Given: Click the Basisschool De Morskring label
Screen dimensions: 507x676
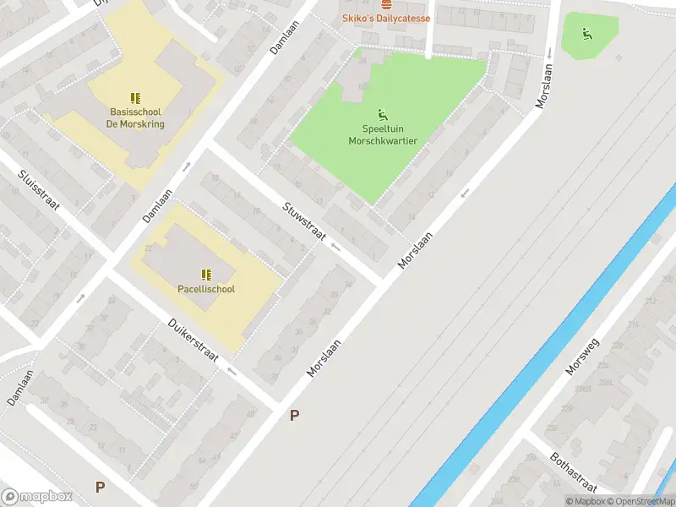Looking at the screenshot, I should coord(135,117).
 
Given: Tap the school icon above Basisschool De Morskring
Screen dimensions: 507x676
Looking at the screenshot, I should coord(135,99).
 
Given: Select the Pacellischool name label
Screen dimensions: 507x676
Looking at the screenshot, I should coord(206,289).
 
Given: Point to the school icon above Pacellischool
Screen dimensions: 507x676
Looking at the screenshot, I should coord(206,274).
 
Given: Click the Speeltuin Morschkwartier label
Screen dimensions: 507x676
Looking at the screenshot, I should coord(383,135).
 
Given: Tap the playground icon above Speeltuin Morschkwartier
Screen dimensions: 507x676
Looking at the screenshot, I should coord(383,115).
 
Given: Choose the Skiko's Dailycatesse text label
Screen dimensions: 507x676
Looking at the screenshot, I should coord(385,19).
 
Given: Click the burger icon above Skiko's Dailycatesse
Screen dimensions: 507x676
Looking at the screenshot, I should coord(386,4).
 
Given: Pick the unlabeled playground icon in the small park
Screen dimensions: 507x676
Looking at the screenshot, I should coord(586,34).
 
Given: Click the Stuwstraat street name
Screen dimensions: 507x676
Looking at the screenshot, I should coord(304,221).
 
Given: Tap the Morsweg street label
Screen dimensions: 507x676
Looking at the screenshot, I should coord(581,357).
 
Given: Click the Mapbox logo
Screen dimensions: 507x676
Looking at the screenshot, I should coord(36,497).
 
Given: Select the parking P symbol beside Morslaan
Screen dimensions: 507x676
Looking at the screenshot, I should coord(295,415).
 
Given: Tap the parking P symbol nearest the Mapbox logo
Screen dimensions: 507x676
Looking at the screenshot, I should coord(101,487).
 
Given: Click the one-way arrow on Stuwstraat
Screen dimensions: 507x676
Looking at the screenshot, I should coord(336,248).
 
